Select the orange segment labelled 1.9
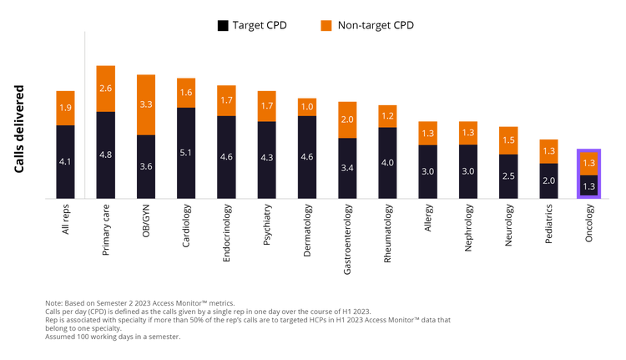[x=66, y=108]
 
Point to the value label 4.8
[x=106, y=155]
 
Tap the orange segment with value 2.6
[x=106, y=88]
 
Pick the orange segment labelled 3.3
[x=146, y=104]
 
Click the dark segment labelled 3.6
[x=146, y=167]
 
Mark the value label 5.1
[x=186, y=153]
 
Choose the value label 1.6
[x=186, y=93]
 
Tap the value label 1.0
[x=306, y=107]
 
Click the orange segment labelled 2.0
[x=347, y=119]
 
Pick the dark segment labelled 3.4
[x=347, y=169]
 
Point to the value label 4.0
[x=387, y=163]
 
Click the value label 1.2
[x=387, y=116]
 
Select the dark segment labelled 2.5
[x=508, y=176]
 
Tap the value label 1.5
[x=508, y=140]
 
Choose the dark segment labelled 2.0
[x=548, y=180]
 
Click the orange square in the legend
[x=326, y=26]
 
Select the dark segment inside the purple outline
[x=588, y=186]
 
